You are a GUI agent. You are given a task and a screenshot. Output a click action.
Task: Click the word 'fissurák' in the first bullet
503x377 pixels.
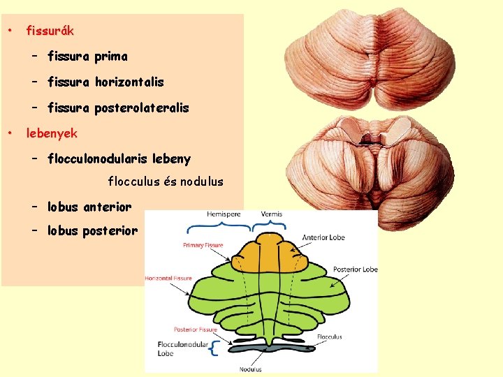click(x=50, y=31)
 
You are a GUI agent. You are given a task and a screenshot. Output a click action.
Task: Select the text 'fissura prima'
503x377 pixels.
click(x=87, y=57)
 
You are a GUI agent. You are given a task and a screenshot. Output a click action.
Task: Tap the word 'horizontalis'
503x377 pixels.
click(x=128, y=82)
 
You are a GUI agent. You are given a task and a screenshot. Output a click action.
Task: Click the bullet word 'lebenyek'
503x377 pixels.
click(x=52, y=133)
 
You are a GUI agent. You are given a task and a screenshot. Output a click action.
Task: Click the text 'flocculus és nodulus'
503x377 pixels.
click(x=166, y=182)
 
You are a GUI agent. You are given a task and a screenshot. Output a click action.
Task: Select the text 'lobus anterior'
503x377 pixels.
click(x=89, y=207)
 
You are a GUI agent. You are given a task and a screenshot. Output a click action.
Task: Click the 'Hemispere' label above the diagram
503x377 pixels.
click(x=224, y=214)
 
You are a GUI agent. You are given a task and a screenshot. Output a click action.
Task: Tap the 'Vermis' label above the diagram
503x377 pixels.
click(x=272, y=214)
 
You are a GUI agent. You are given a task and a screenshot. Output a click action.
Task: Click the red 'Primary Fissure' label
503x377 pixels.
click(x=203, y=246)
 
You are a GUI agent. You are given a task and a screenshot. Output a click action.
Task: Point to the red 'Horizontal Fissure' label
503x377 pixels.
click(x=168, y=279)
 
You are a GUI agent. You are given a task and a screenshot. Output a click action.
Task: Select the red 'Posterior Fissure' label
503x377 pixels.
click(x=196, y=329)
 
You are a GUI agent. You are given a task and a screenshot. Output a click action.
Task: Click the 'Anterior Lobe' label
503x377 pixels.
click(x=323, y=237)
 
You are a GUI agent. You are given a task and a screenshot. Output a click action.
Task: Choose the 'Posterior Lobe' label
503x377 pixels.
click(x=355, y=269)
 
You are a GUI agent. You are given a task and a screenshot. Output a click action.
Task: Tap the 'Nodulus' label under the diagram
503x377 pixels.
click(x=251, y=369)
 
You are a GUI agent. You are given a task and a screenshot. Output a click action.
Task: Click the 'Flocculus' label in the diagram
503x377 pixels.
click(x=328, y=337)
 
